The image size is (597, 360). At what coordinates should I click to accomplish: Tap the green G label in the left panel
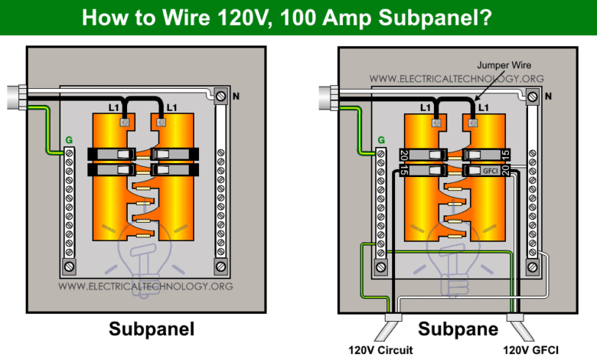pos(69,140)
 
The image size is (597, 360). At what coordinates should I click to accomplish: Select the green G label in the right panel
pos(380,140)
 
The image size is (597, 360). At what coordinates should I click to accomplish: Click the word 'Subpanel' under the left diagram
pos(152,329)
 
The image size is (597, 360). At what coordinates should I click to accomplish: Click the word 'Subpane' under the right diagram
pos(458,329)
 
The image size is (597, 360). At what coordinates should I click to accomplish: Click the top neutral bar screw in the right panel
pos(532,97)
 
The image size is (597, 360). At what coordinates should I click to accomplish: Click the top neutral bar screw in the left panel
pos(221,97)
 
